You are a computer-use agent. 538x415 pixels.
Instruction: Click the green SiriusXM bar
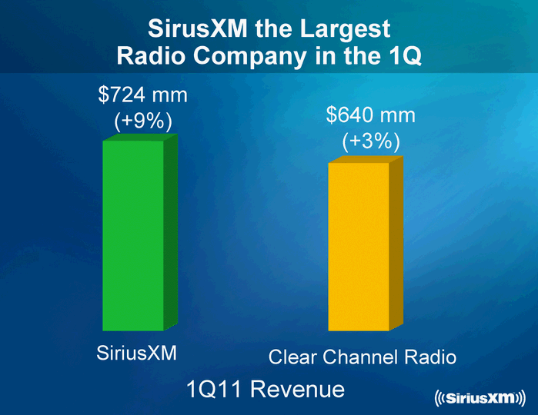[132, 234]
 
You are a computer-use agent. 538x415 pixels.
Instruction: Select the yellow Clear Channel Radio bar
[359, 246]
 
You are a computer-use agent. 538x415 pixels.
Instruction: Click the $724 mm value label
[143, 96]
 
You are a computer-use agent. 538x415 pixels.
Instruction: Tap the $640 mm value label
[370, 115]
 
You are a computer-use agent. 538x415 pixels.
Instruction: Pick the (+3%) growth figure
[370, 141]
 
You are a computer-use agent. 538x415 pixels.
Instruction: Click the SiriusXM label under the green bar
[137, 354]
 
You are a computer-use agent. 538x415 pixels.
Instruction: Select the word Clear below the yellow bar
[293, 357]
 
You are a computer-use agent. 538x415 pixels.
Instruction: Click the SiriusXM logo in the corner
[479, 397]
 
